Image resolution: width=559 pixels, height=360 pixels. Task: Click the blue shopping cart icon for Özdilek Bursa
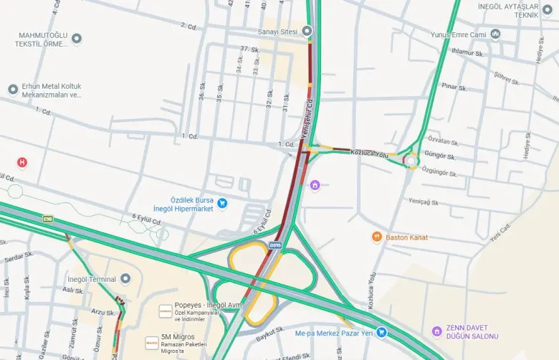(222, 204)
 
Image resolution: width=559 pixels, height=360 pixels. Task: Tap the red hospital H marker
(22, 162)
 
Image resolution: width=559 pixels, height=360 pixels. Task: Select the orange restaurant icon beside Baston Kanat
(376, 237)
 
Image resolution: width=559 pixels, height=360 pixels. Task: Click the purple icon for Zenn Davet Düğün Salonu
(436, 331)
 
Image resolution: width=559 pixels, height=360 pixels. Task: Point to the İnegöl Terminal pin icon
(125, 278)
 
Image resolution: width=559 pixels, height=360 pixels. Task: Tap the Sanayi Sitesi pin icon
(307, 31)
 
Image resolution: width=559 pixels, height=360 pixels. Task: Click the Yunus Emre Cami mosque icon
(495, 34)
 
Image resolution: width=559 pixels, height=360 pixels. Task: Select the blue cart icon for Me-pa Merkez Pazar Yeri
(381, 332)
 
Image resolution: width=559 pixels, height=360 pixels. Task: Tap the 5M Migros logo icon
(152, 343)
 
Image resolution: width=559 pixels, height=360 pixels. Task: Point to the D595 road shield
(276, 245)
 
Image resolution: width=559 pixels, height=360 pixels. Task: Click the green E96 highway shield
(48, 219)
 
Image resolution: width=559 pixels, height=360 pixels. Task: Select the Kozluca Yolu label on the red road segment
(368, 153)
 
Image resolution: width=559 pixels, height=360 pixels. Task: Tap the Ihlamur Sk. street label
(467, 52)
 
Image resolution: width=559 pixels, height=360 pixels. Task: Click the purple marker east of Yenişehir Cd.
(315, 186)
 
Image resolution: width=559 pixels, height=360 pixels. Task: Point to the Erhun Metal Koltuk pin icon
(12, 90)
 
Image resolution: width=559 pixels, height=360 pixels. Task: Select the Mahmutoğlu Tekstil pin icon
(77, 38)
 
